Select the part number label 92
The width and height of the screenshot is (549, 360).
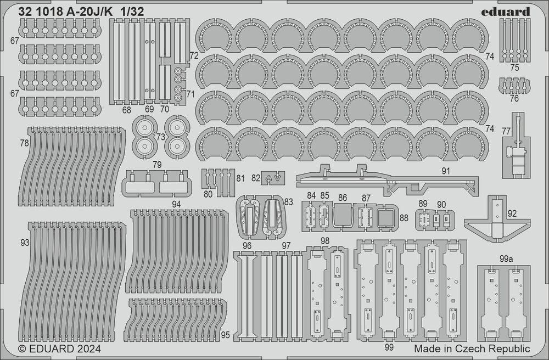[x=512, y=213]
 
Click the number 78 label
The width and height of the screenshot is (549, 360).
[x=24, y=143]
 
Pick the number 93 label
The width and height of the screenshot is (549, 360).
[x=24, y=242]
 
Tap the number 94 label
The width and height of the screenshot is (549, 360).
[x=176, y=204]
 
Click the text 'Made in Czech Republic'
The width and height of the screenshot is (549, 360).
[x=472, y=348]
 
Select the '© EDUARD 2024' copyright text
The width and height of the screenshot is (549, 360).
[x=59, y=348]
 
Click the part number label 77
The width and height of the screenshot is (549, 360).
[x=506, y=130]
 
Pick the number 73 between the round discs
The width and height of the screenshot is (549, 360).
[x=160, y=137]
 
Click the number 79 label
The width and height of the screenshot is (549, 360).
[x=156, y=164]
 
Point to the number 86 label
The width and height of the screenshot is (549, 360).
[x=343, y=197]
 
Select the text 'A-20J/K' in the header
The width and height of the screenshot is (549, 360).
[x=83, y=12]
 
